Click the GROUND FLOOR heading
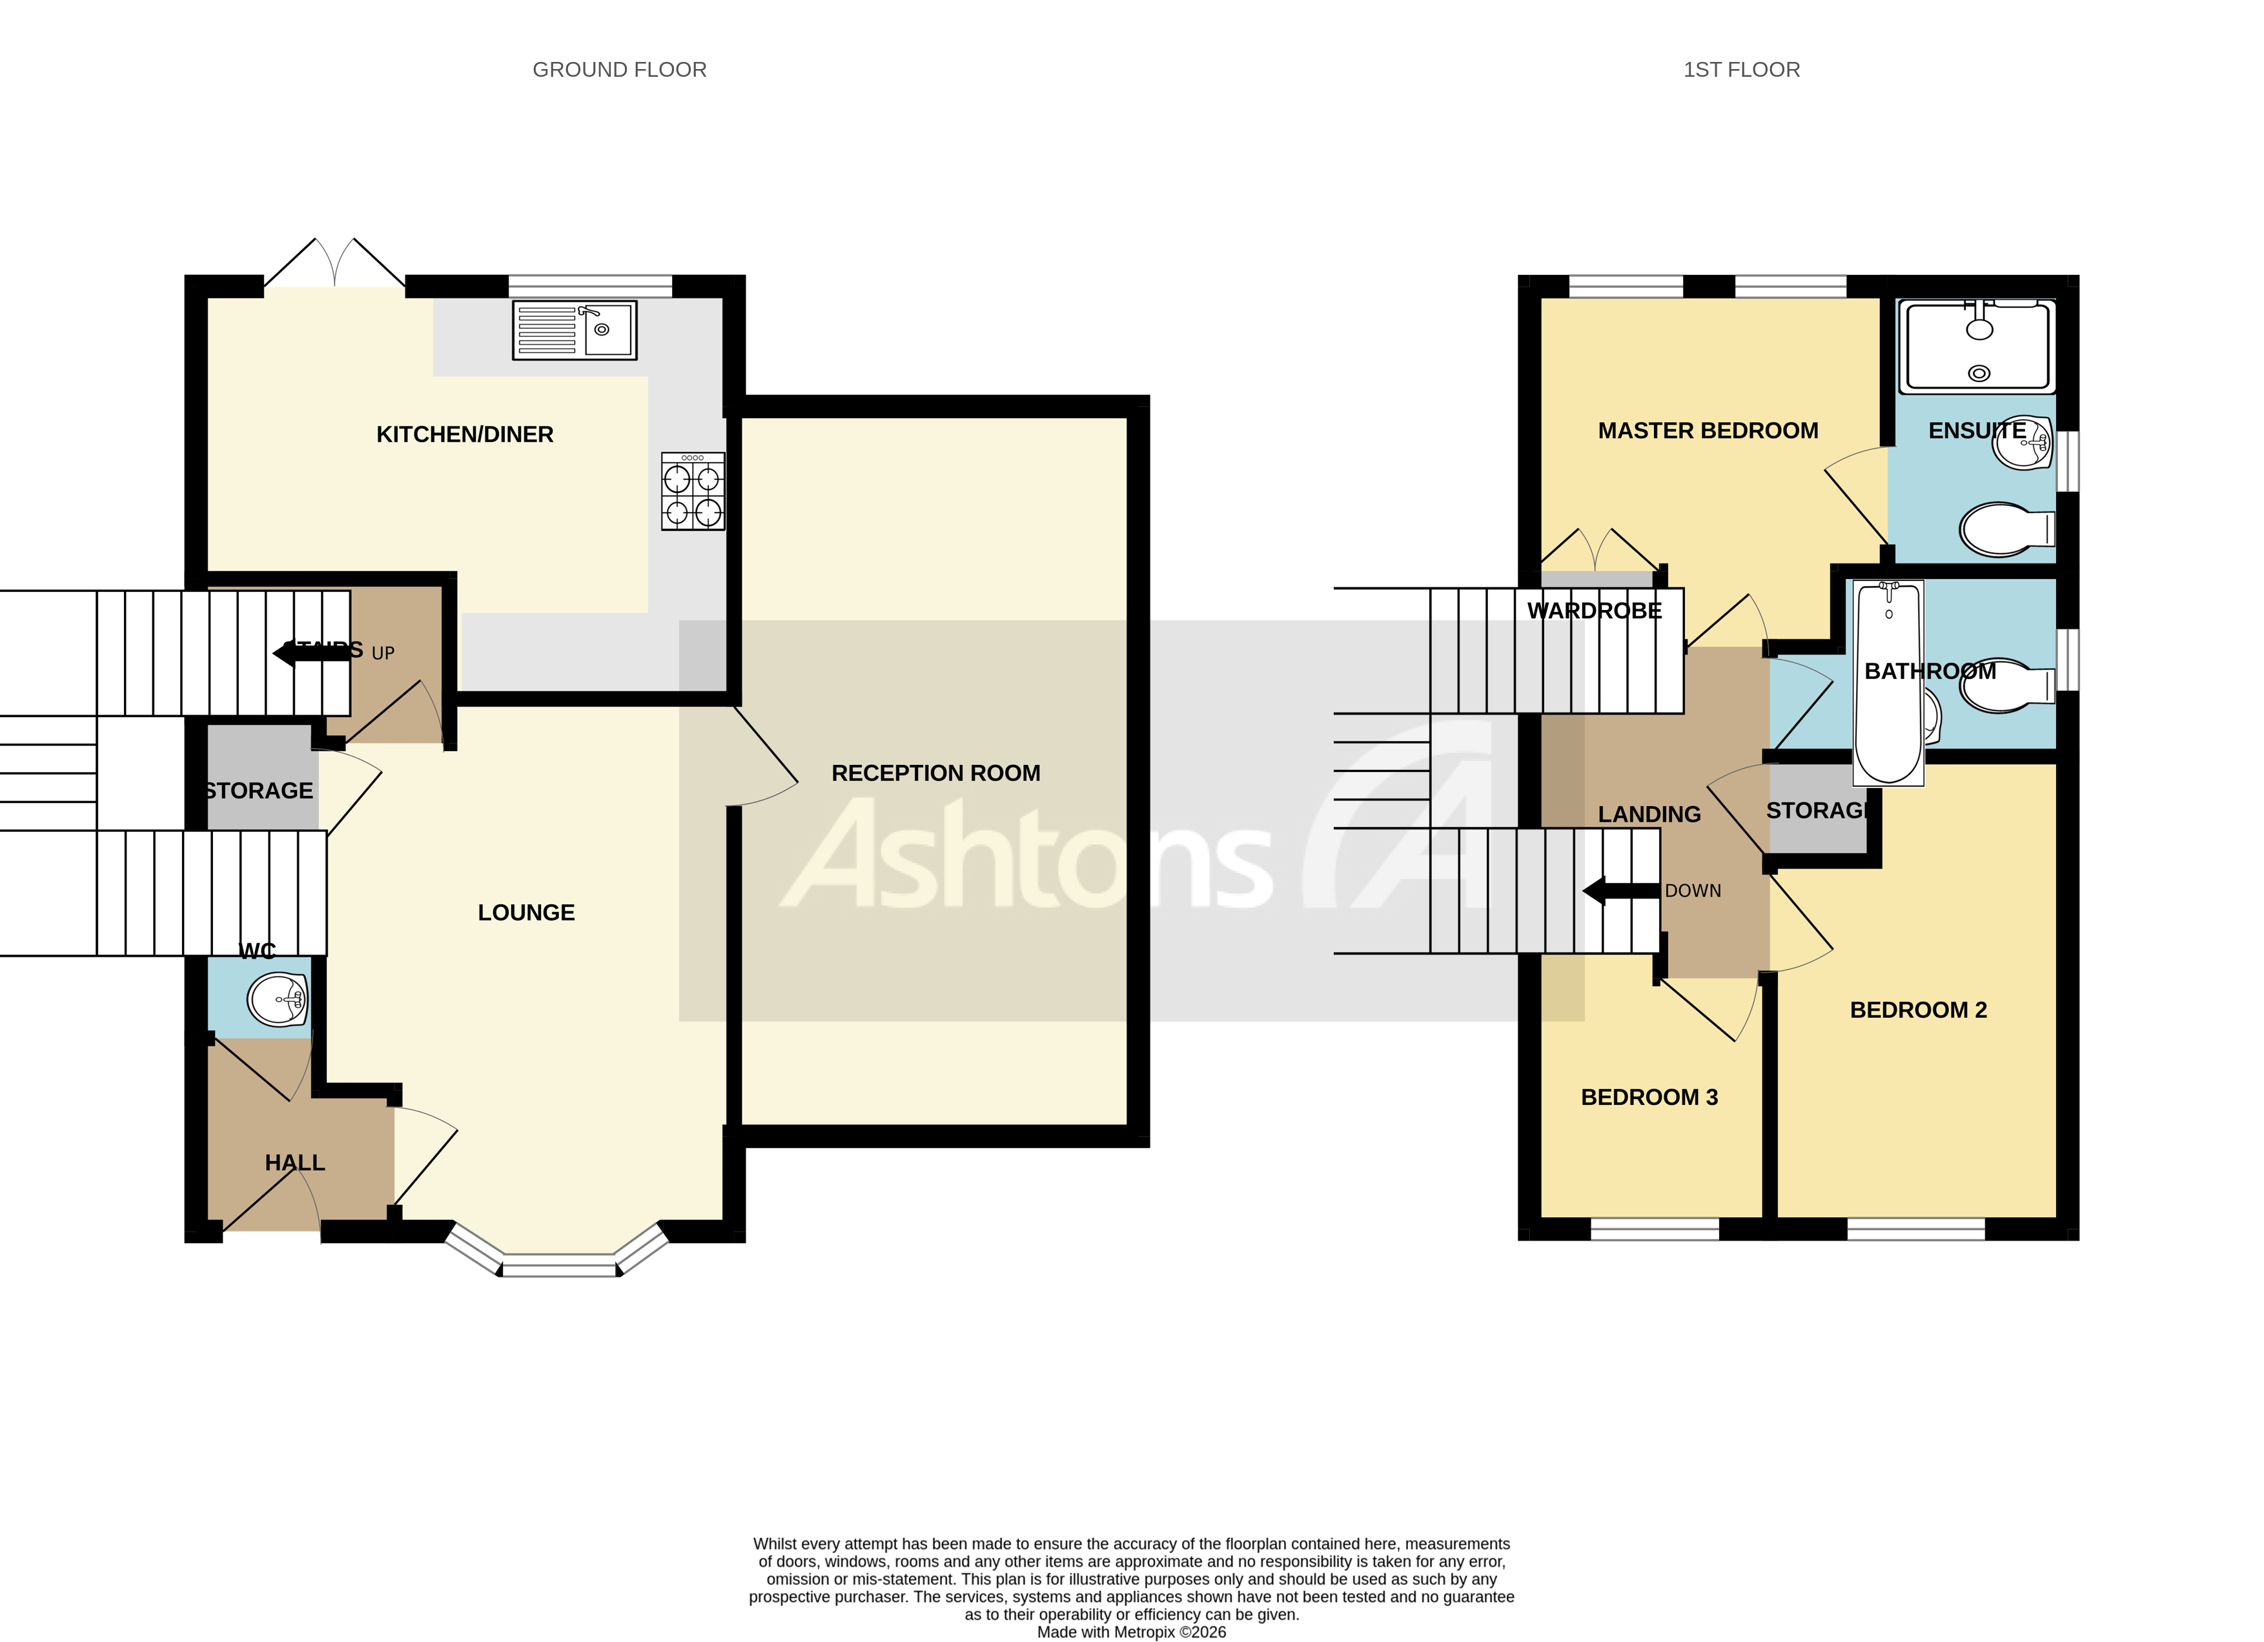coord(619,70)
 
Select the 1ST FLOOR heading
coord(1741,70)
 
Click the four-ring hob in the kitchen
coord(693,492)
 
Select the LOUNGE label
coord(526,913)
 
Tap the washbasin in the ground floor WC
coord(276,999)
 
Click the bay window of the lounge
coord(559,1266)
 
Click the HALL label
coord(294,1163)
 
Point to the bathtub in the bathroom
coord(1888,683)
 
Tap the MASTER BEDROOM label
coord(1708,431)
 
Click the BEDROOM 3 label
coord(1649,1097)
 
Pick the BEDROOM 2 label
coord(1917,1010)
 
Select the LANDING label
coord(1649,815)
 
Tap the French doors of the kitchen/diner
coord(334,265)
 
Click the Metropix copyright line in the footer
coord(1131,1632)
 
